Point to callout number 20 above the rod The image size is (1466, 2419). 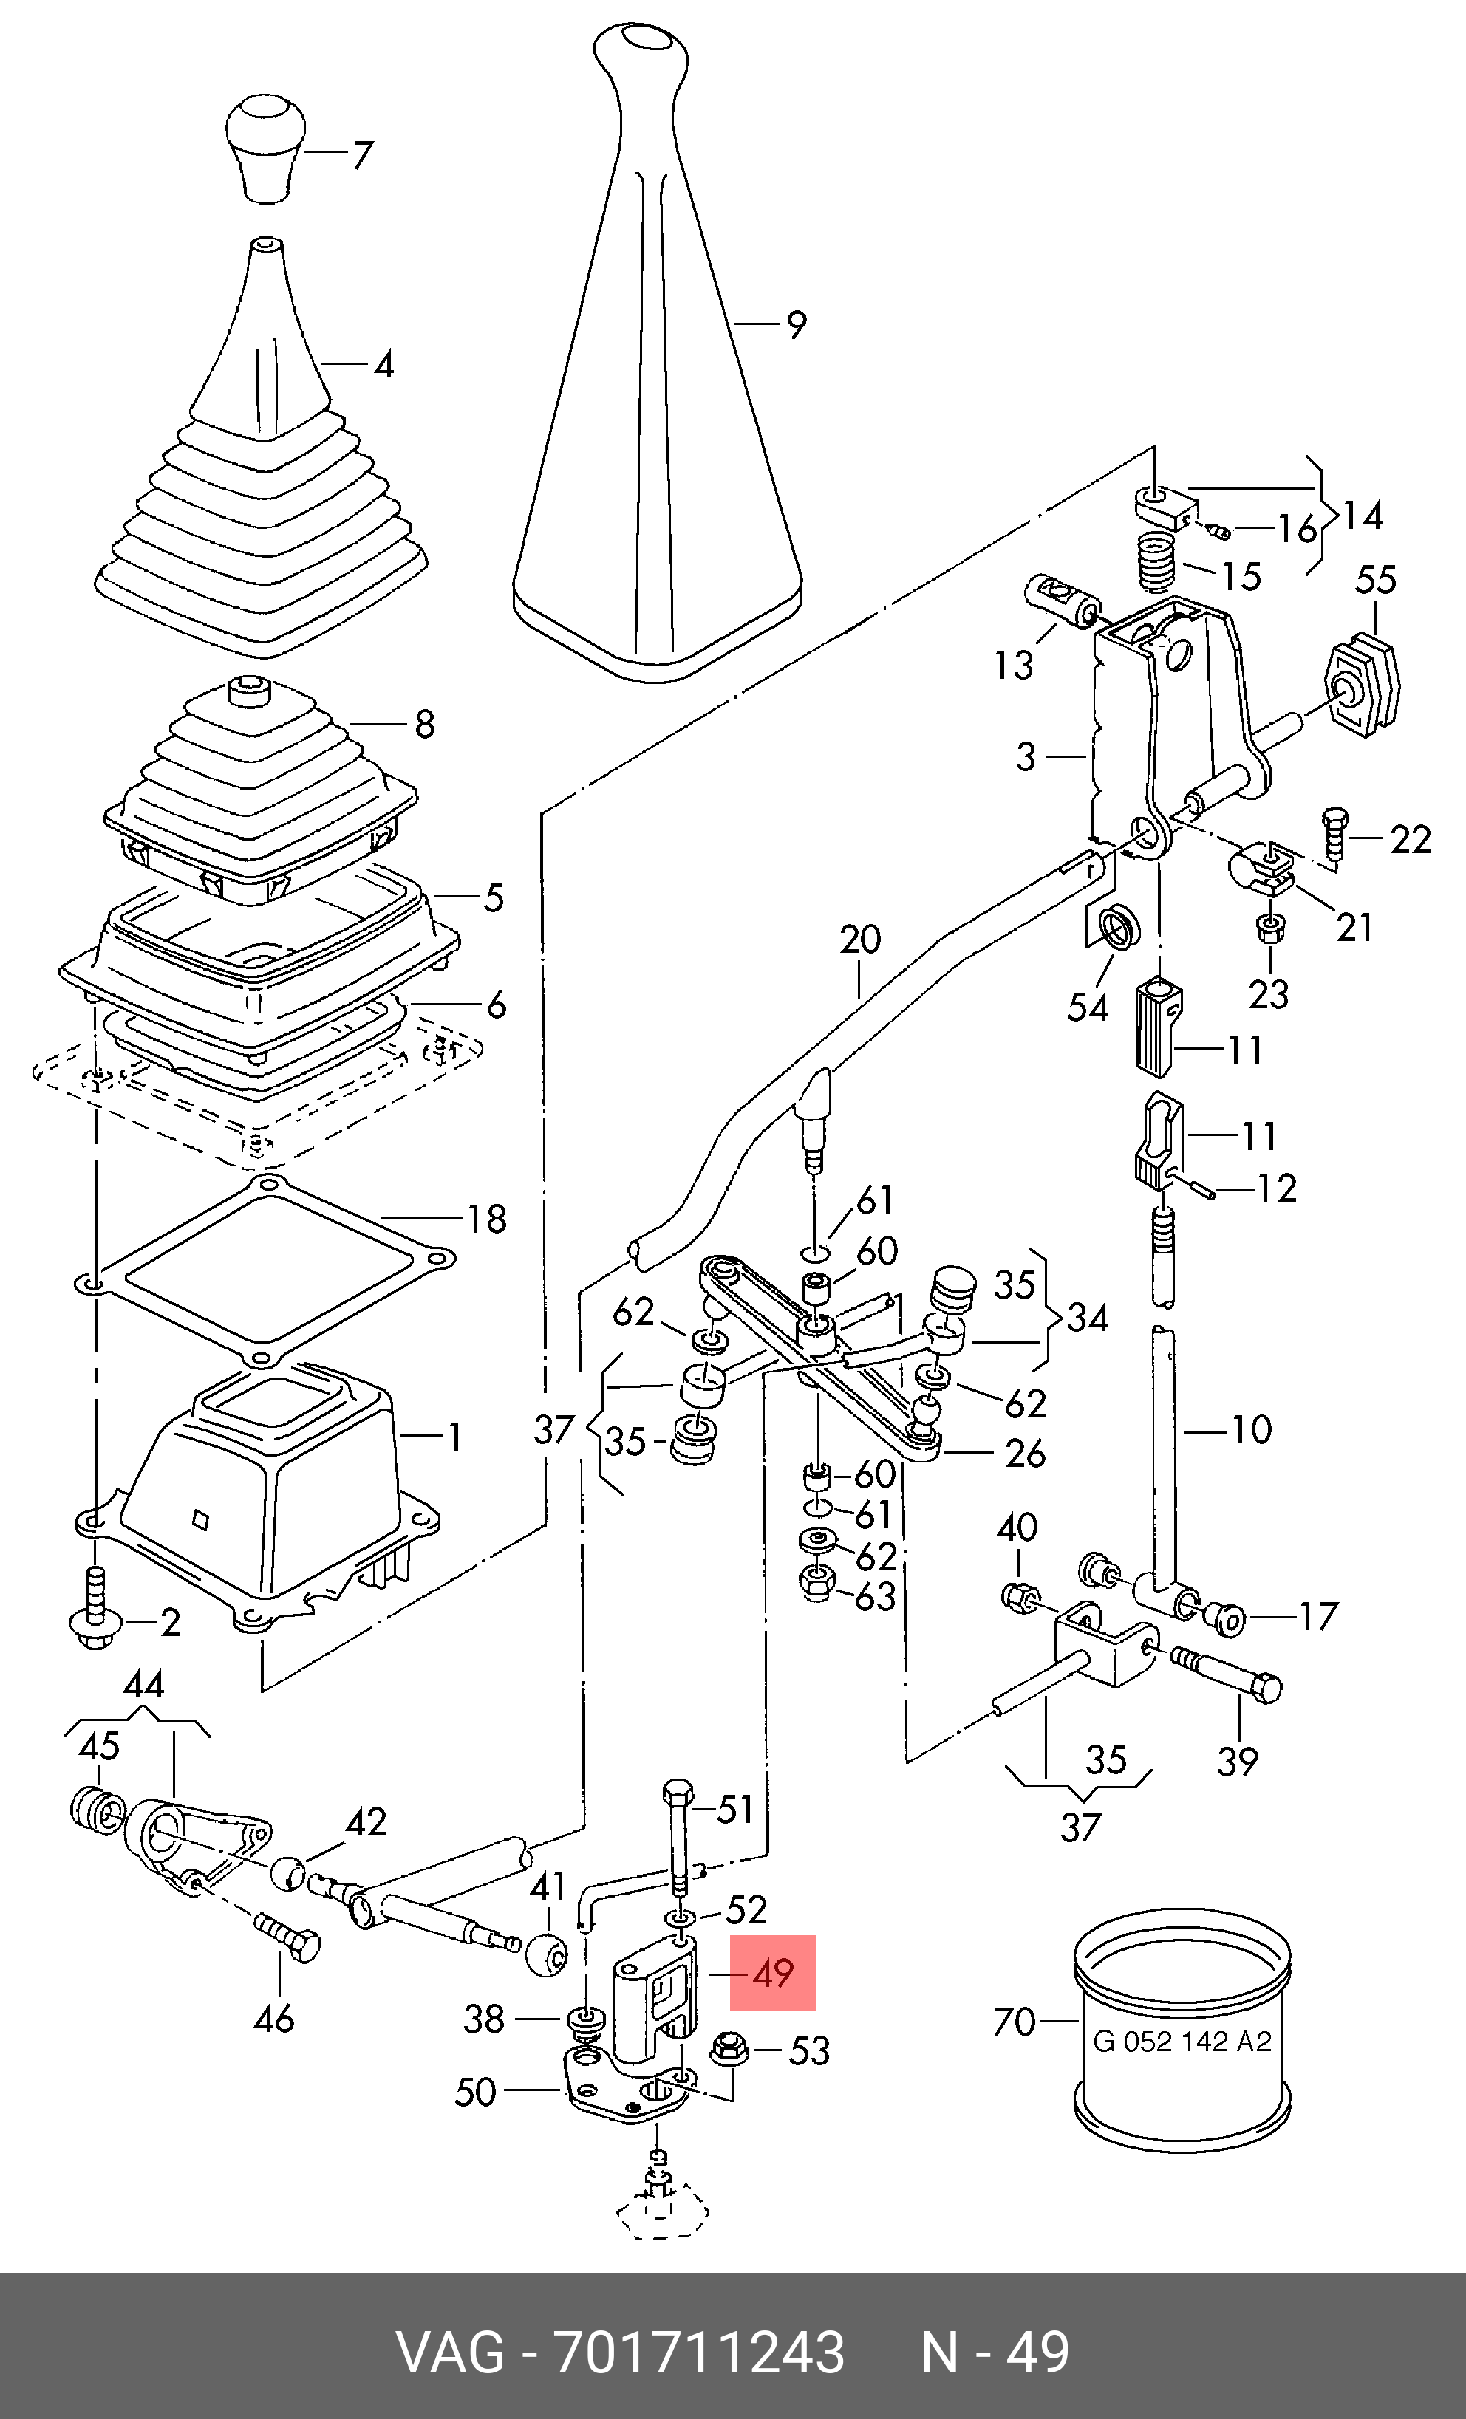[860, 940]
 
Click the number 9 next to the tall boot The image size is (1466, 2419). [797, 325]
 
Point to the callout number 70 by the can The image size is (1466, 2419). [1015, 2022]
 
